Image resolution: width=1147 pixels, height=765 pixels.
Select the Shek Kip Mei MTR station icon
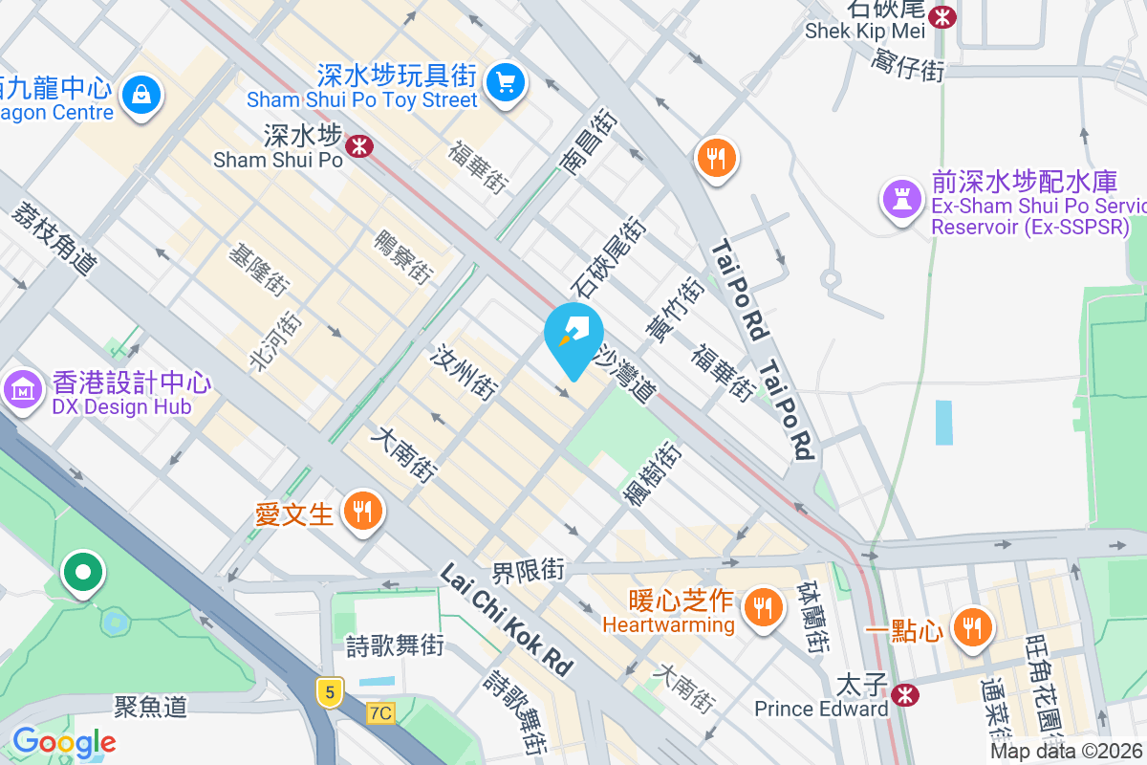[x=943, y=15]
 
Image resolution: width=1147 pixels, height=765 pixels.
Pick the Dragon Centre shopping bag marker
[x=141, y=94]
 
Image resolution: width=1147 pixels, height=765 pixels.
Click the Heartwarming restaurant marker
[x=762, y=605]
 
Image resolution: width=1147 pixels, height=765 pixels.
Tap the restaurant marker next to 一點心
[x=973, y=626]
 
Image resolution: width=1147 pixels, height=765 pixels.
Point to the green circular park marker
[x=83, y=572]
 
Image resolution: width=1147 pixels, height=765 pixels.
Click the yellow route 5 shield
[x=329, y=692]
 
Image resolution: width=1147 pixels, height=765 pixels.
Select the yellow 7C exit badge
[x=380, y=712]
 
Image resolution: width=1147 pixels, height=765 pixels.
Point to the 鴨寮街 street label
[x=402, y=256]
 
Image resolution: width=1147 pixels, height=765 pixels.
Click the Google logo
[x=64, y=741]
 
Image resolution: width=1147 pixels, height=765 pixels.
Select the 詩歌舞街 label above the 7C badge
[x=395, y=645]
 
